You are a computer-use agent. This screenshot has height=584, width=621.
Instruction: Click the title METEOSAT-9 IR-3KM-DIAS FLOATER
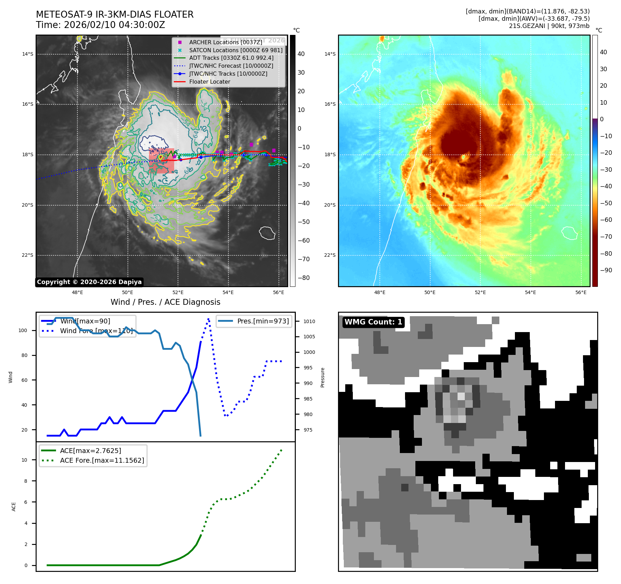(x=115, y=15)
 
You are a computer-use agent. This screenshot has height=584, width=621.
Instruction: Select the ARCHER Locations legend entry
(x=225, y=42)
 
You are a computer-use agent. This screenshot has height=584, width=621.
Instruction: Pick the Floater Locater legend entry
(x=209, y=82)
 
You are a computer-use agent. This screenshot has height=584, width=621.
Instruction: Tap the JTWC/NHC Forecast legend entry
(x=231, y=66)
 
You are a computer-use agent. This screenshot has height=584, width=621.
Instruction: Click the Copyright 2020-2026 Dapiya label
(x=89, y=282)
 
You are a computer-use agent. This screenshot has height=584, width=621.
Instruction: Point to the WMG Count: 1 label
(x=373, y=322)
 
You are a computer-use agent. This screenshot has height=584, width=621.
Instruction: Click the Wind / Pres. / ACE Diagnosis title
(x=165, y=302)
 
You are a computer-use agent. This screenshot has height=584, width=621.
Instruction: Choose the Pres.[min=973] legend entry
(x=263, y=321)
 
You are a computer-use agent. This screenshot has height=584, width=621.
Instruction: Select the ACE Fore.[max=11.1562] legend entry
(x=102, y=460)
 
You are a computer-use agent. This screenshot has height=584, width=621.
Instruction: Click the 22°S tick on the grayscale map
(x=28, y=255)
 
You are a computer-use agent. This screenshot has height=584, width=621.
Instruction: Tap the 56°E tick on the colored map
(x=581, y=292)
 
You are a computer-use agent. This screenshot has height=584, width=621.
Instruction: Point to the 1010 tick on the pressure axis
(x=309, y=321)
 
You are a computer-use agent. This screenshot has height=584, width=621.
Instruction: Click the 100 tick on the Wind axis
(x=23, y=330)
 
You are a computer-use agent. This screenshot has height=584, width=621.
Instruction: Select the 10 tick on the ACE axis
(x=24, y=460)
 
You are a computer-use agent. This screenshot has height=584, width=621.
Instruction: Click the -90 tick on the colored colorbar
(x=606, y=270)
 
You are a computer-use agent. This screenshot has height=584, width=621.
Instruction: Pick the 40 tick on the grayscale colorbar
(x=301, y=54)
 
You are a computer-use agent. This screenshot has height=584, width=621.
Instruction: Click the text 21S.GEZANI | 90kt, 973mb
(x=549, y=26)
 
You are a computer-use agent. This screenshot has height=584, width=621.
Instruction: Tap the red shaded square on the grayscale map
(x=161, y=161)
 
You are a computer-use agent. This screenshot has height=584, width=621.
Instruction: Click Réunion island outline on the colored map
(x=570, y=233)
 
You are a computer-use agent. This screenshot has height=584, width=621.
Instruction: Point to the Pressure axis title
(x=322, y=377)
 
